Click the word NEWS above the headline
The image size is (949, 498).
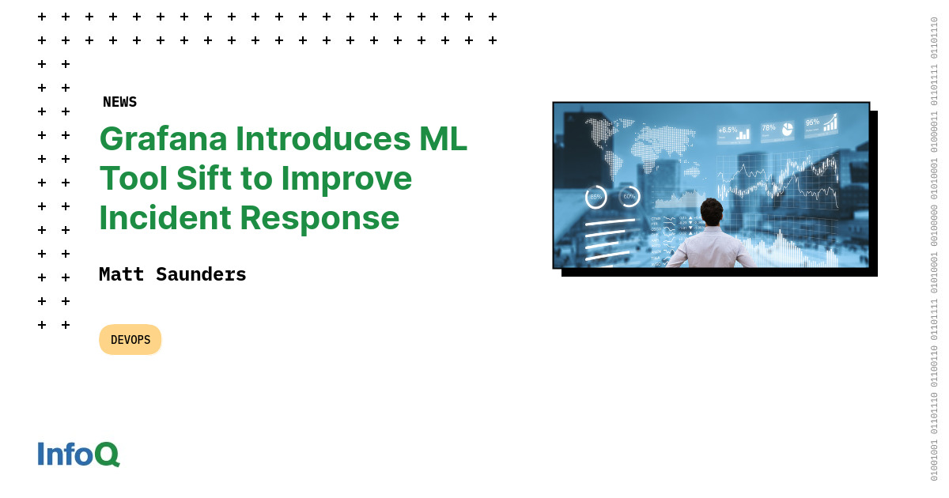(x=119, y=102)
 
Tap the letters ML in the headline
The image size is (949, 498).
(x=443, y=138)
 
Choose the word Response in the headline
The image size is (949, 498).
(x=319, y=217)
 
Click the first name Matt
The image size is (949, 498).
(x=121, y=274)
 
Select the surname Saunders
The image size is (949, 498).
(x=201, y=274)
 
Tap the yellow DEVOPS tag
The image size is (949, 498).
(x=130, y=340)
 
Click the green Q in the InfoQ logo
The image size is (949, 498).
(x=107, y=455)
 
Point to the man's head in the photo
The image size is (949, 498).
(x=712, y=211)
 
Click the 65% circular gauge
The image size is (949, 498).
(x=595, y=197)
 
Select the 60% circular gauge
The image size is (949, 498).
(x=630, y=196)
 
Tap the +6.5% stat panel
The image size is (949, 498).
(x=733, y=134)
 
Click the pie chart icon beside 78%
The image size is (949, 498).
(x=787, y=130)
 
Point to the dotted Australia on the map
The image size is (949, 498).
(x=692, y=171)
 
